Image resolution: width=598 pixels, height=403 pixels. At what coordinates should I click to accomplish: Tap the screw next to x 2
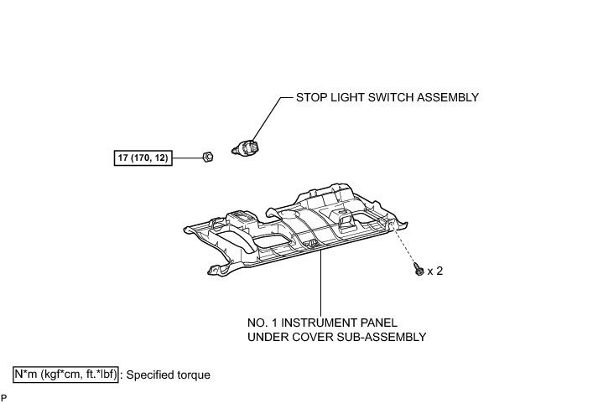pos(417,271)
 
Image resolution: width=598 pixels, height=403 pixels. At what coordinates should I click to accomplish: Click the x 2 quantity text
pos(435,271)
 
